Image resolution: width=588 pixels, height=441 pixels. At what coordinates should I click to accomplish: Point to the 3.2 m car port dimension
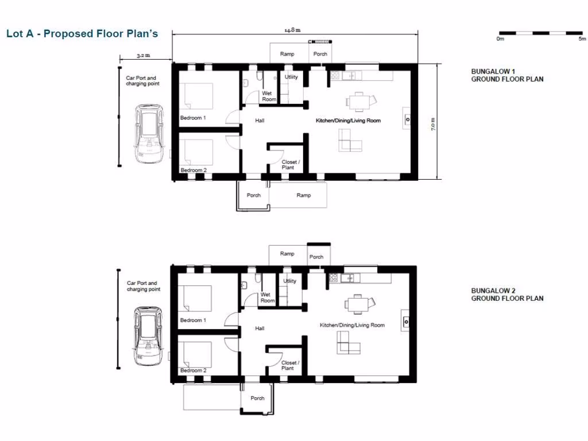144,56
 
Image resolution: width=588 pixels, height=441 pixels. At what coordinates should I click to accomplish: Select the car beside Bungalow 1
149,133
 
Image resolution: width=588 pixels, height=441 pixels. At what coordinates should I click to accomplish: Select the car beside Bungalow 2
148,336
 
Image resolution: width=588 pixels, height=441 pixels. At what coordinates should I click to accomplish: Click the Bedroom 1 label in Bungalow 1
193,118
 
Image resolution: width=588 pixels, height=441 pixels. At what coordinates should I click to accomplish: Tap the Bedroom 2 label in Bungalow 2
193,370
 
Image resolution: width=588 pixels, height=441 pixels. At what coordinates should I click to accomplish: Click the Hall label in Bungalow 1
260,121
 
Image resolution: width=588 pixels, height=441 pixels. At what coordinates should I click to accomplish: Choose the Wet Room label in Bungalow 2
268,297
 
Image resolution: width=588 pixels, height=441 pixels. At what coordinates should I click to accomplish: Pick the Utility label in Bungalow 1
292,77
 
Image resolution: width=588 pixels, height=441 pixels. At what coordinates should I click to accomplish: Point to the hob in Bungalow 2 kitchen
334,278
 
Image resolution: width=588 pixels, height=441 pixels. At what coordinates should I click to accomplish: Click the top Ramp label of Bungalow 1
287,54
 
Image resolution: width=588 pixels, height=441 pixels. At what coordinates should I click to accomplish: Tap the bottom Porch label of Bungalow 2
258,398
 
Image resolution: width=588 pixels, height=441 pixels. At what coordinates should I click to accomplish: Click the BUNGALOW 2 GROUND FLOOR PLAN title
507,295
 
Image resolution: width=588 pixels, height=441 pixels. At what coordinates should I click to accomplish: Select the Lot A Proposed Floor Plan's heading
82,33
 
